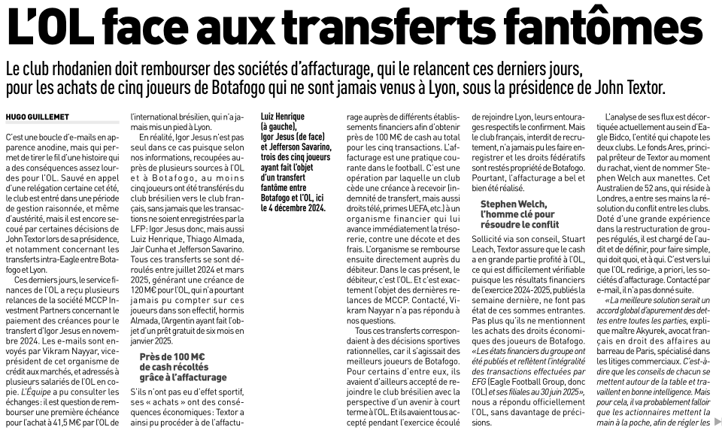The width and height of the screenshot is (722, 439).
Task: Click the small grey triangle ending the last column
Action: click(x=716, y=419)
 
